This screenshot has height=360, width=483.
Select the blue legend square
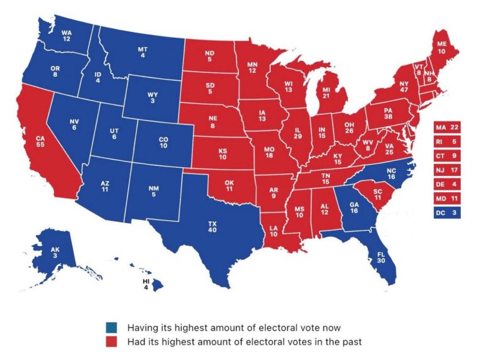tap(111, 327)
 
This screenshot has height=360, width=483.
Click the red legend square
tap(111, 342)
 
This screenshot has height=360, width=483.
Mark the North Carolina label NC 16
tap(392, 174)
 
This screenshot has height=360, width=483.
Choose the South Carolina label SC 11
tap(377, 193)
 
